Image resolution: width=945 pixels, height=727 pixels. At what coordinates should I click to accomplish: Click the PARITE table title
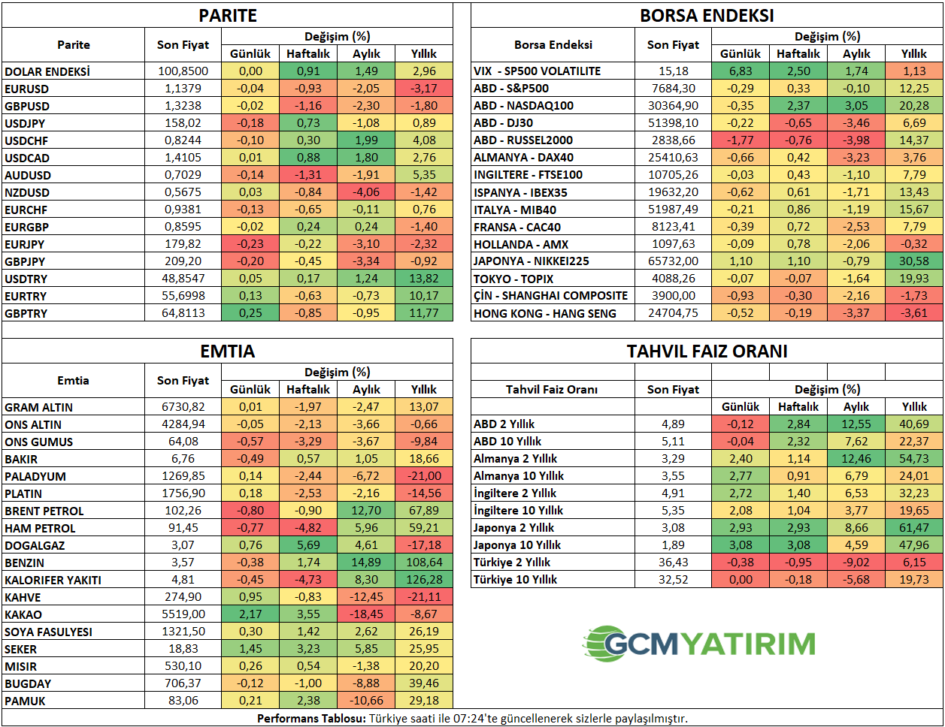coord(228,16)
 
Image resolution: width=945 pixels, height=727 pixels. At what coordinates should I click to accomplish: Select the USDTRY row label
coord(26,279)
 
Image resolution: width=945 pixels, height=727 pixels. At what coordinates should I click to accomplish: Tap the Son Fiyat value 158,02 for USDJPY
coord(183,123)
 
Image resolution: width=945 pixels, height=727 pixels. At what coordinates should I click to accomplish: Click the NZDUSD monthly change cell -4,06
coord(366,192)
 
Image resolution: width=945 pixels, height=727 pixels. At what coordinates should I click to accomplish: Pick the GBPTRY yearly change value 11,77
coord(423,313)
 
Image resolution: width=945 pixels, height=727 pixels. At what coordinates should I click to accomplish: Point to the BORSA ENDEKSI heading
coord(707,16)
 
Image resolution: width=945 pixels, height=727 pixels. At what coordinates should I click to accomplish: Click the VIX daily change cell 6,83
coord(741,71)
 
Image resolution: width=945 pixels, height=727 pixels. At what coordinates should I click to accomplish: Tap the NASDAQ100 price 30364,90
coord(673,106)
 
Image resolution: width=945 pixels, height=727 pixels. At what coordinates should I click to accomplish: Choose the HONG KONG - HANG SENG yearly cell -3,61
coord(913,313)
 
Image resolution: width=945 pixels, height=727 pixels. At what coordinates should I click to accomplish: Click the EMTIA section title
coord(228,351)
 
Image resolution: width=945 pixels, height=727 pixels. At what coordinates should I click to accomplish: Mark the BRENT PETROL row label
coord(44,511)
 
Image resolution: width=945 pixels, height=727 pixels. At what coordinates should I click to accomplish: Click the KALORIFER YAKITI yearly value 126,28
coord(423,580)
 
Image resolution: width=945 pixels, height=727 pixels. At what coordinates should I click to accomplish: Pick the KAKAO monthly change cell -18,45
coord(366,614)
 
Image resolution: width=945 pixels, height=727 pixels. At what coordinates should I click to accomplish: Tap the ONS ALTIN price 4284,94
coord(183,424)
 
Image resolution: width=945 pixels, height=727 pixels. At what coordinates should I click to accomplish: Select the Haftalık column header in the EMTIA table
coord(308,390)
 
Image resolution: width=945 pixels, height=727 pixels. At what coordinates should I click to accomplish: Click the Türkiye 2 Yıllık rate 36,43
coord(673,563)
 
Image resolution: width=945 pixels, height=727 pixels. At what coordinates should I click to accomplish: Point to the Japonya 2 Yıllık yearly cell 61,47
coord(913,528)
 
